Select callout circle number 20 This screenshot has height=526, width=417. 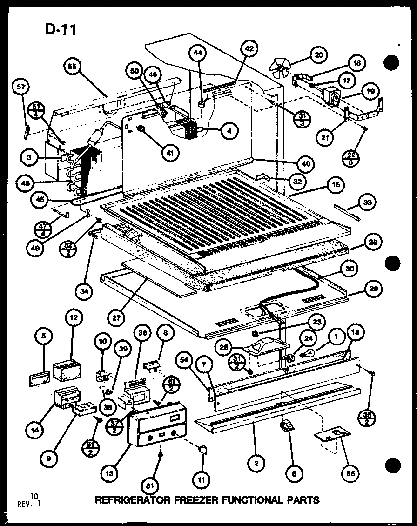point(318,55)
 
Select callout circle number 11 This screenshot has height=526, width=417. point(203,478)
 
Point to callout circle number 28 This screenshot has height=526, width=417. point(374,242)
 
